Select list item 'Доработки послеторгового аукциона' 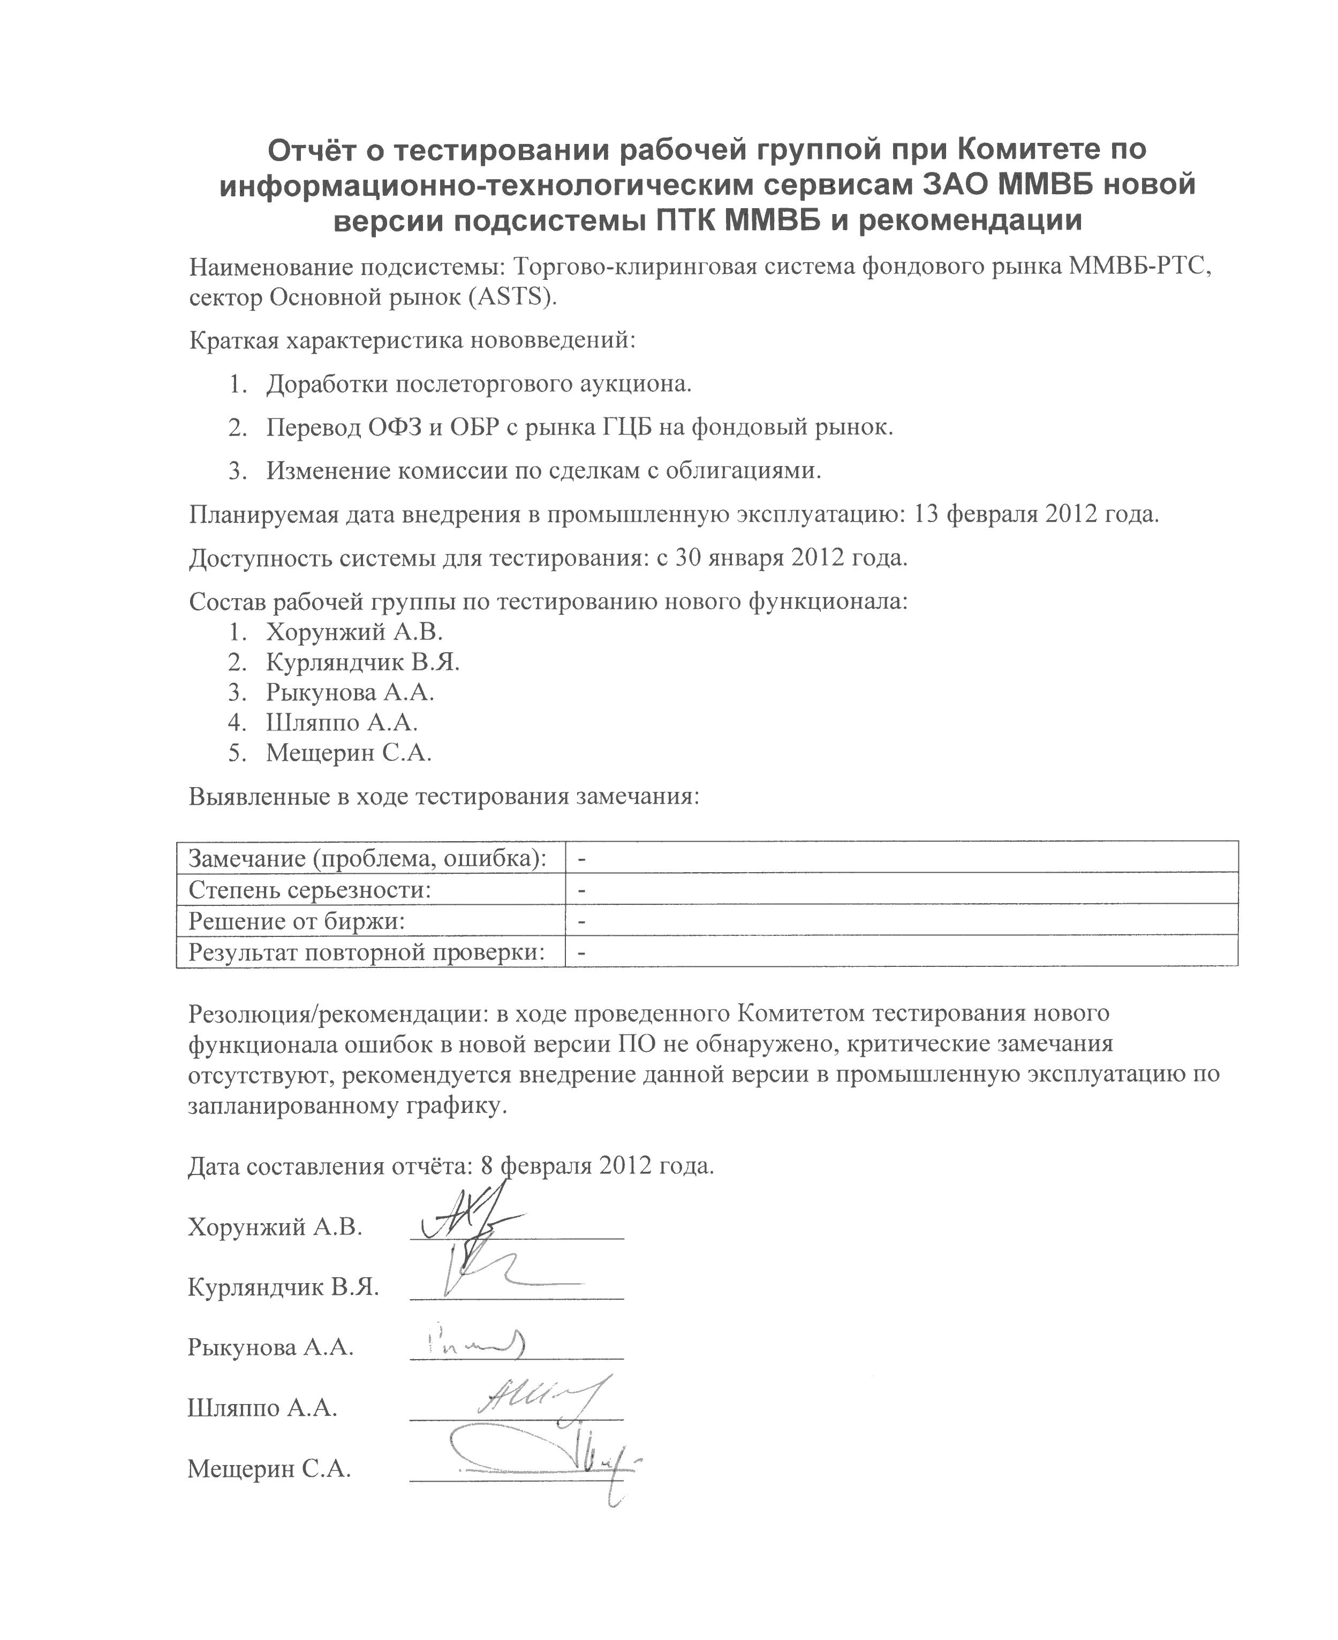[479, 384]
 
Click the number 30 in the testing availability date [691, 558]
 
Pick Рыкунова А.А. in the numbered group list [350, 692]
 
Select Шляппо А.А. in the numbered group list [342, 722]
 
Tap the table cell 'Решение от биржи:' [297, 921]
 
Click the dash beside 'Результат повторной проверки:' [582, 953]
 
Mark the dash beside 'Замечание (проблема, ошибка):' [582, 859]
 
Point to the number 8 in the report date [486, 1165]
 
